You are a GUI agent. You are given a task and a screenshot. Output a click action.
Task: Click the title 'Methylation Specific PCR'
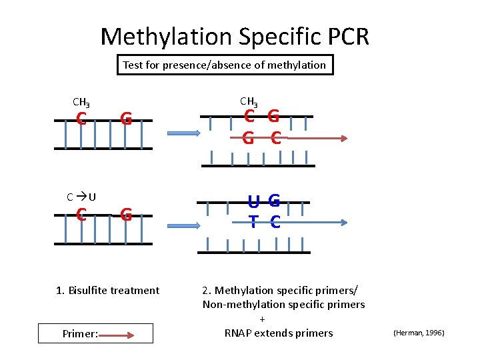[235, 36]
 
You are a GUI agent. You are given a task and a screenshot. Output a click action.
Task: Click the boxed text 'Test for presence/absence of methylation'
[225, 65]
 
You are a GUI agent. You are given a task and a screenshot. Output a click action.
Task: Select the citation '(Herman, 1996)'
[419, 332]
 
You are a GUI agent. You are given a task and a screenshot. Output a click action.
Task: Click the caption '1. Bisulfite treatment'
[107, 290]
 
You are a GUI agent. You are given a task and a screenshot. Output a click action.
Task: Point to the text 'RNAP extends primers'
[278, 333]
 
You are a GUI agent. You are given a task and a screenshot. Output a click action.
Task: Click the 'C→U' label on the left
[81, 197]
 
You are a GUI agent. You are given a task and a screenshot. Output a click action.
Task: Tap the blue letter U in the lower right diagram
[254, 200]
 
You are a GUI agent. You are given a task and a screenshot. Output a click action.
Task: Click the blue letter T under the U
[254, 223]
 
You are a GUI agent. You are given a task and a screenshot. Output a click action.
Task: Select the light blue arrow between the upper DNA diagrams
[180, 133]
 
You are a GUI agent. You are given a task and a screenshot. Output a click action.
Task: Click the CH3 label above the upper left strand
[81, 103]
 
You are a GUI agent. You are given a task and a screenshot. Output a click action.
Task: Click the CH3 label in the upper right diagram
[249, 101]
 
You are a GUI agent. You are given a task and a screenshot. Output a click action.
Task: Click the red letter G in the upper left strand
[125, 119]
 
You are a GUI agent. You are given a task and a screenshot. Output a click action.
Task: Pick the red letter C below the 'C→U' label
[81, 215]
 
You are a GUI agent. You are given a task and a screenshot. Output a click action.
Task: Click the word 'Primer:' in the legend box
[79, 333]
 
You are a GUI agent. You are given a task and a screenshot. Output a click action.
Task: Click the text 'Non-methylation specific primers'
[284, 305]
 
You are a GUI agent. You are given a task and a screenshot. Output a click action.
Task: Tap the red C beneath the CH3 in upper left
[81, 119]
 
